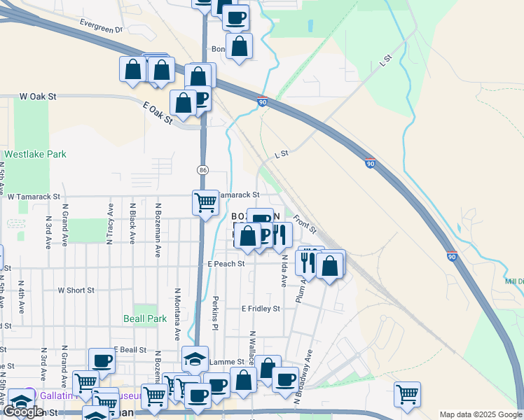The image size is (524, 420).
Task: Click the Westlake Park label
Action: [35, 154]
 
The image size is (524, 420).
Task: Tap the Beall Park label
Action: [151, 318]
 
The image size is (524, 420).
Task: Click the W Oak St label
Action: [38, 96]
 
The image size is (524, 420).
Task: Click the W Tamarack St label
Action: [34, 197]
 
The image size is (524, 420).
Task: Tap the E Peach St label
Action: [226, 264]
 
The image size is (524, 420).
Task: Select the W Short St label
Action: [76, 290]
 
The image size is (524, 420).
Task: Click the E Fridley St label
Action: [261, 308]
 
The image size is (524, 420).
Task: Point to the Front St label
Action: [305, 224]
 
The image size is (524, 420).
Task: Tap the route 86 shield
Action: [202, 170]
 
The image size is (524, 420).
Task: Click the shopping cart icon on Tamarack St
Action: [205, 202]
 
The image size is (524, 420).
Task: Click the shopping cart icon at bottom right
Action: [407, 394]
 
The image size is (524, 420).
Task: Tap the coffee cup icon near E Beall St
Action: [102, 361]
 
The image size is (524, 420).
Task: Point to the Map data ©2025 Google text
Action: [480, 414]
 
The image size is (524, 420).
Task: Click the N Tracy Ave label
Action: [111, 224]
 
